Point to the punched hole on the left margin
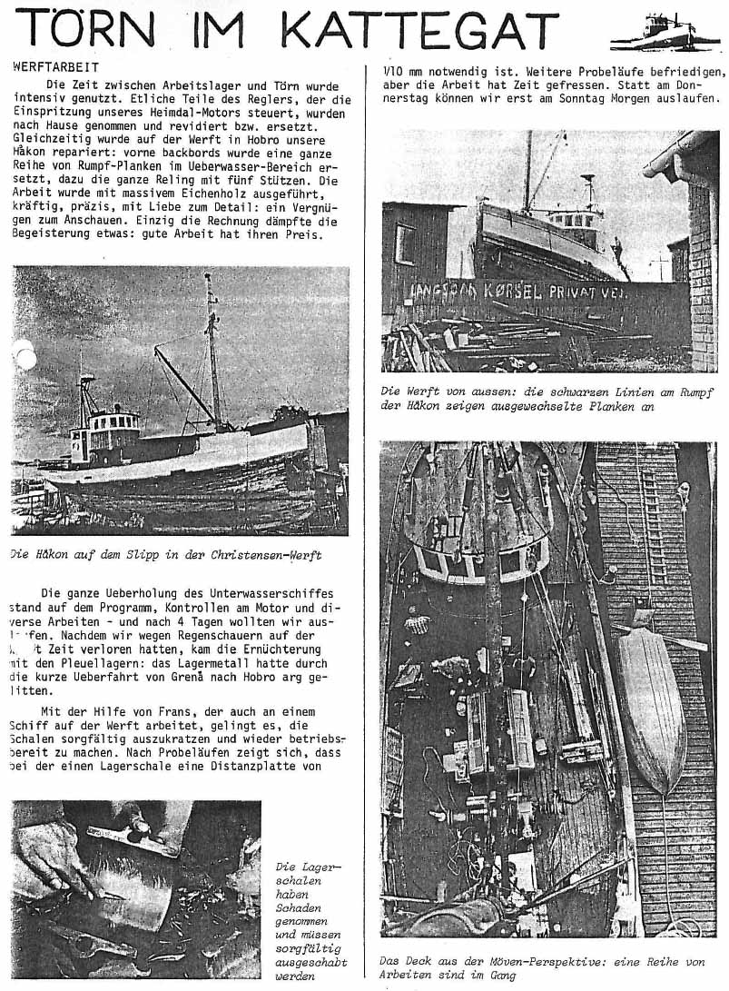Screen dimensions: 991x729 coord(25,355)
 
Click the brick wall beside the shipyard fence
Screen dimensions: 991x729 coord(703,273)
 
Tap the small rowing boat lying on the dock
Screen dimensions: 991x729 coord(651,699)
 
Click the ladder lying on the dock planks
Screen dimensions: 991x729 coord(652,527)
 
